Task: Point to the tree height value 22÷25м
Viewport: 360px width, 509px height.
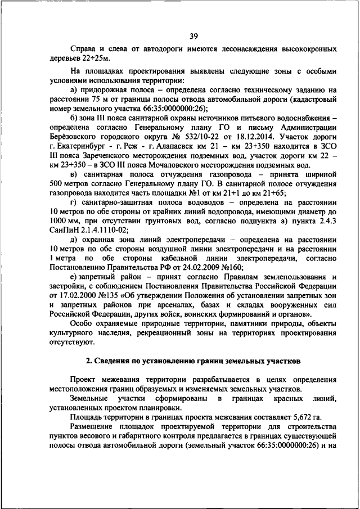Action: coord(94,58)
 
